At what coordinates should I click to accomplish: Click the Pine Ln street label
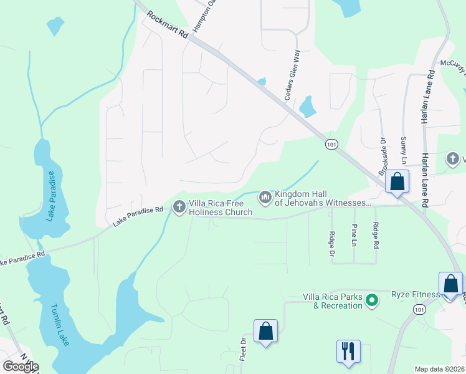(x=354, y=234)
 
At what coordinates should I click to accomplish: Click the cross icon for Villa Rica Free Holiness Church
(x=179, y=206)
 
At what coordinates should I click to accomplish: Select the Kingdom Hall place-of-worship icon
(x=265, y=198)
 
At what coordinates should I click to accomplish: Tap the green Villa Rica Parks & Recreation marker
(x=373, y=301)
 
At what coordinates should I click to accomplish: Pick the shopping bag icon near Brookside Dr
(x=397, y=183)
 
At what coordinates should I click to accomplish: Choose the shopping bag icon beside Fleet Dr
(x=265, y=332)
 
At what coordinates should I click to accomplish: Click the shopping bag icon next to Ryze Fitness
(x=450, y=284)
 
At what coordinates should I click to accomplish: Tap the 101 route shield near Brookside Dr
(x=331, y=144)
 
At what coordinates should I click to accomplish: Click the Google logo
(x=21, y=367)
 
